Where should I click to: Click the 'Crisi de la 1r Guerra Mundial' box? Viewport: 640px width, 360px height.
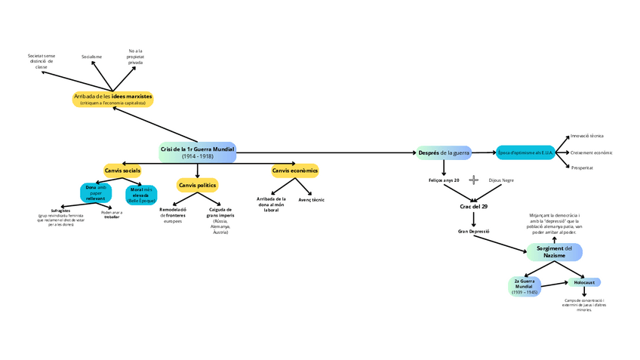[198, 152]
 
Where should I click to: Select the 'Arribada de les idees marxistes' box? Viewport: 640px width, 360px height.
[113, 99]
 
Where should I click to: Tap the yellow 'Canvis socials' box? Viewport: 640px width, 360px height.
[122, 171]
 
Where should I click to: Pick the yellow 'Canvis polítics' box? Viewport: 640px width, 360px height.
[198, 185]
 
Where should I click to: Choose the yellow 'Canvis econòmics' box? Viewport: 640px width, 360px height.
[295, 171]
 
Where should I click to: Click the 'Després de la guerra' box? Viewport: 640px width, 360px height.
[444, 152]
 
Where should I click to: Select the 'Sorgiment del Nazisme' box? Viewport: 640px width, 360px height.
[555, 252]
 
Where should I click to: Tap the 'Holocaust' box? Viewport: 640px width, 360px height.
[584, 282]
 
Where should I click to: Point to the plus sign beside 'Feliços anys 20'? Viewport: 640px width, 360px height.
[474, 180]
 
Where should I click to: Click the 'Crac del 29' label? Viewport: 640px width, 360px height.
[474, 206]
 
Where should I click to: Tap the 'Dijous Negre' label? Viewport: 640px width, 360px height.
[501, 180]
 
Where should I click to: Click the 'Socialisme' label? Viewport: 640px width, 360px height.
[91, 57]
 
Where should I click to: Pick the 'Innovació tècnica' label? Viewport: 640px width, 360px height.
[586, 136]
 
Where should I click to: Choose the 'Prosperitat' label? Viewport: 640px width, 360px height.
[582, 167]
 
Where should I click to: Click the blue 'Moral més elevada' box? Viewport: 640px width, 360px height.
[141, 195]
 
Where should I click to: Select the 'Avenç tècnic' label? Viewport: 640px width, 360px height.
[312, 200]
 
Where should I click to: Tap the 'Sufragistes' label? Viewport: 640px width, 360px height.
[60, 211]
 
